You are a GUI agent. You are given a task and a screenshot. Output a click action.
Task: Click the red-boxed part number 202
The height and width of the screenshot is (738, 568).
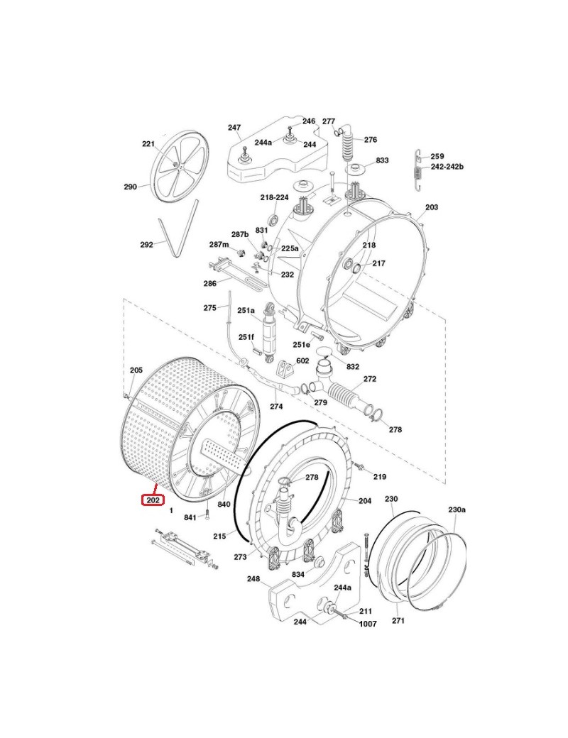(x=152, y=500)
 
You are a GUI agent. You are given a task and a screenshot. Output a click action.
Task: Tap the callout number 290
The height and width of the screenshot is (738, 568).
(x=130, y=187)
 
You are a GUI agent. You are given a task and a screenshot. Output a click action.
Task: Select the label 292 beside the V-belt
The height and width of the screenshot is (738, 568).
(x=146, y=245)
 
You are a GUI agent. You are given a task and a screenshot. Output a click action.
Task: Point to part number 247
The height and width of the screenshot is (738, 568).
(x=234, y=128)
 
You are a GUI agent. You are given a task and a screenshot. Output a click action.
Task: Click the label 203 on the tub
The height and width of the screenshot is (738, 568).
(x=431, y=207)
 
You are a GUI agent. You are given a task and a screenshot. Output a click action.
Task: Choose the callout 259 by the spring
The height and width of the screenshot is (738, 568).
(x=437, y=156)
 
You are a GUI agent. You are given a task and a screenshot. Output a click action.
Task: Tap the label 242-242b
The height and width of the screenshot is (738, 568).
(x=447, y=166)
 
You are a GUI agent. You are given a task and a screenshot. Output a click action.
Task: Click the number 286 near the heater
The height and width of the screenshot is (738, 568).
(x=209, y=284)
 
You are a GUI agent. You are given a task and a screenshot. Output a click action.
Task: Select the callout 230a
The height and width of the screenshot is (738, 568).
(x=457, y=510)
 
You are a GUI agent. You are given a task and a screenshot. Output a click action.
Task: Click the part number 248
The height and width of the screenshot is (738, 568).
(x=253, y=578)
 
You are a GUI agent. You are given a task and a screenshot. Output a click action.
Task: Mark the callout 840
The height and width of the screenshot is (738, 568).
(x=224, y=505)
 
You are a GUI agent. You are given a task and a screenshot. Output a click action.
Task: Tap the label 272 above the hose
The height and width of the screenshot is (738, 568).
(x=370, y=379)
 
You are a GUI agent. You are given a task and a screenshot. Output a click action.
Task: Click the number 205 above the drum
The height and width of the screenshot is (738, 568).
(x=136, y=370)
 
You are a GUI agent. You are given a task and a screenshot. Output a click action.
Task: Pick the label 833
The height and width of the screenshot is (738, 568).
(x=382, y=161)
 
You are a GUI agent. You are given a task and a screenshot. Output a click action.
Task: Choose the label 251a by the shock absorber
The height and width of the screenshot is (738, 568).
(x=246, y=311)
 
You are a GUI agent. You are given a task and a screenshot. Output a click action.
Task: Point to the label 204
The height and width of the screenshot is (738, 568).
(x=365, y=501)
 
